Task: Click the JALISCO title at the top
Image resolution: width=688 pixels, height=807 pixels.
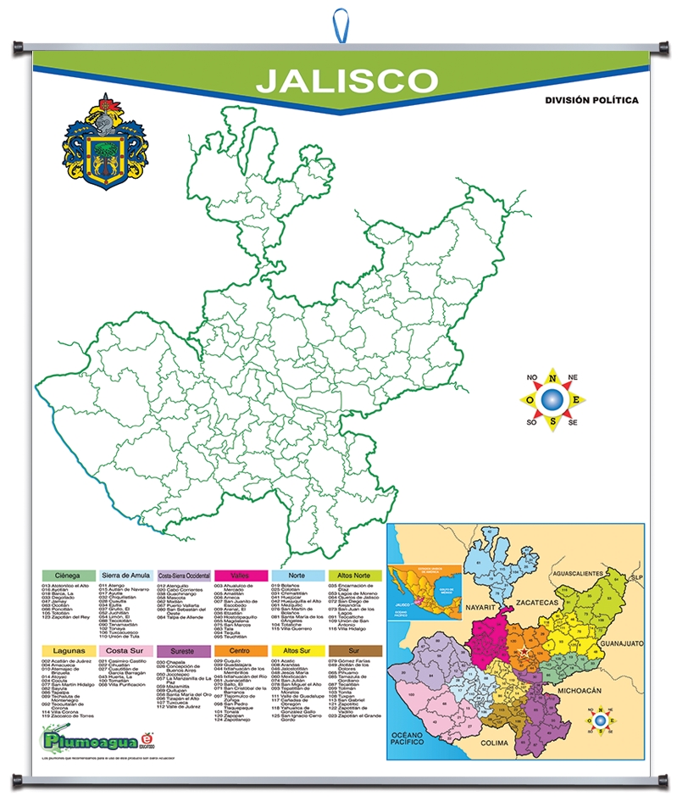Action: [347, 80]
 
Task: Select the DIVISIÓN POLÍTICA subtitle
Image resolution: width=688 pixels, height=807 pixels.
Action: [591, 100]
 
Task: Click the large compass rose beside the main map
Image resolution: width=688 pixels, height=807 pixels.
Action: [552, 398]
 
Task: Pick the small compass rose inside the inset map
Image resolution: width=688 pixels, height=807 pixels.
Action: [600, 720]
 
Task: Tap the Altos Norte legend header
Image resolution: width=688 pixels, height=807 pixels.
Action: [354, 576]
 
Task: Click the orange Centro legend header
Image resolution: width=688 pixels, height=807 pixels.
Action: [239, 650]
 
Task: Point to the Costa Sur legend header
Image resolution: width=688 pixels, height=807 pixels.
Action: [125, 650]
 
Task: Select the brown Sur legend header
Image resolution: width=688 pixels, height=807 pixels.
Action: [354, 650]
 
